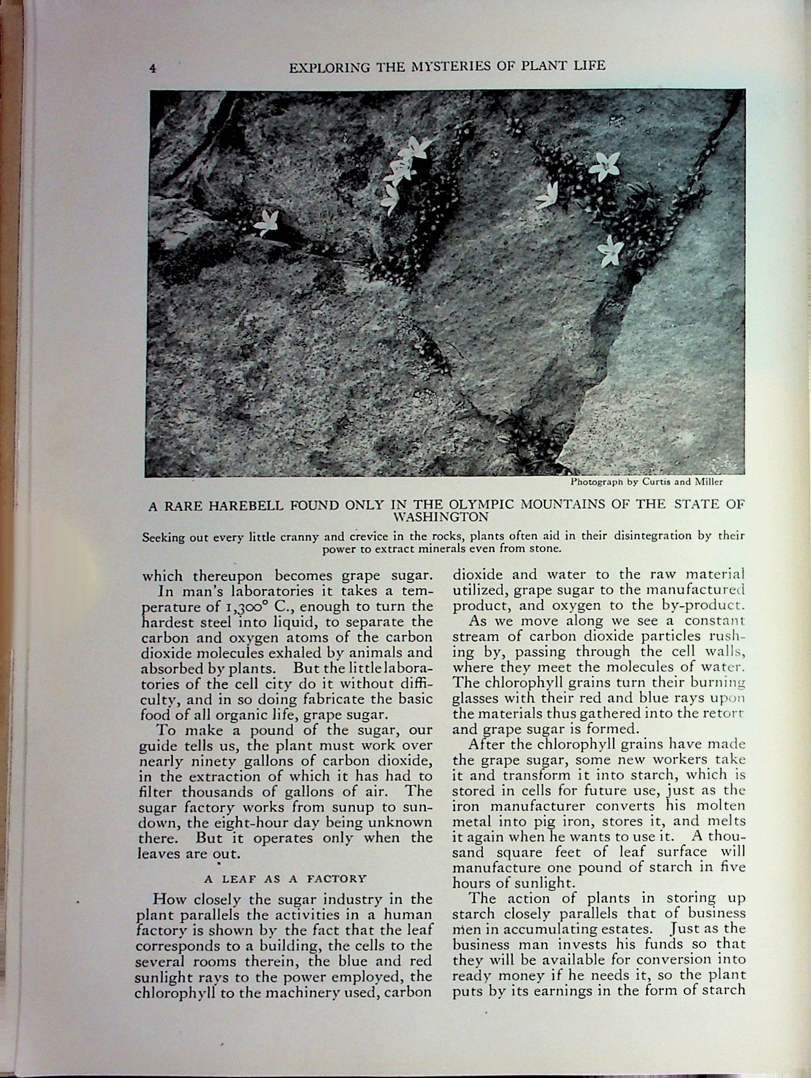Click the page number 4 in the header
(153, 70)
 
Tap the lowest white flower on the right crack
(611, 250)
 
